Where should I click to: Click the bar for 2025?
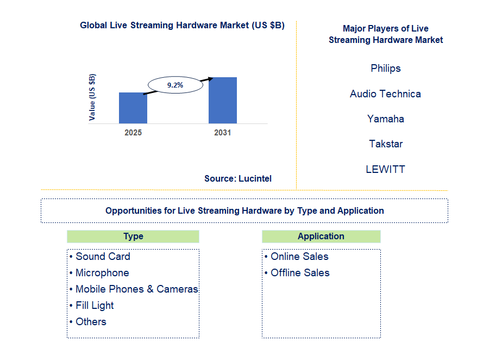[133, 108]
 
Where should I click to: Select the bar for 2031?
[223, 100]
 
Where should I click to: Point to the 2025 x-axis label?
[133, 133]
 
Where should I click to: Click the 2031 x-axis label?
[222, 133]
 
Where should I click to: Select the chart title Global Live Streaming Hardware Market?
[182, 26]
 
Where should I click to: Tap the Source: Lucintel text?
[238, 178]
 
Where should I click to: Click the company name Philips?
[386, 69]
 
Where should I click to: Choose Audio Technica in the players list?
[385, 94]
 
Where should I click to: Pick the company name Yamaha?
[385, 119]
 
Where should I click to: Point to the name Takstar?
[385, 144]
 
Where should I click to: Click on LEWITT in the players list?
[385, 169]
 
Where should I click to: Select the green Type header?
[133, 236]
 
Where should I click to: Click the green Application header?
[321, 236]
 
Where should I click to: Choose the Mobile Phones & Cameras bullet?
[136, 289]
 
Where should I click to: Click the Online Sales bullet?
[299, 257]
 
